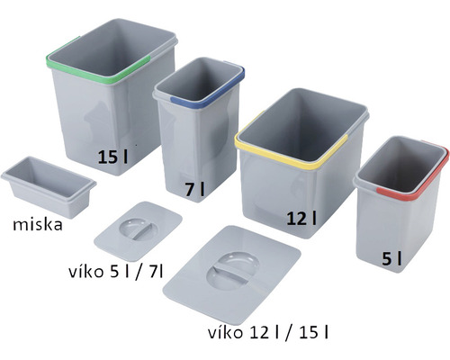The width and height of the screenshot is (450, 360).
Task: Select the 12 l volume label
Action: point(301,218)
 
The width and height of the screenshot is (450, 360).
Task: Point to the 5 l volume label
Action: point(391,259)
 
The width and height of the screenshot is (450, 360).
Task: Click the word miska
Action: point(32,224)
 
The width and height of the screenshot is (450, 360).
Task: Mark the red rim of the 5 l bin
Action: point(396,191)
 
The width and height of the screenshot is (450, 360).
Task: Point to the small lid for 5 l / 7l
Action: point(139,230)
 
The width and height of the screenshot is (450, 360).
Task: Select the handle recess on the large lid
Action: point(231,272)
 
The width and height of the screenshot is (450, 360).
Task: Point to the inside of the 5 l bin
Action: point(405,162)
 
